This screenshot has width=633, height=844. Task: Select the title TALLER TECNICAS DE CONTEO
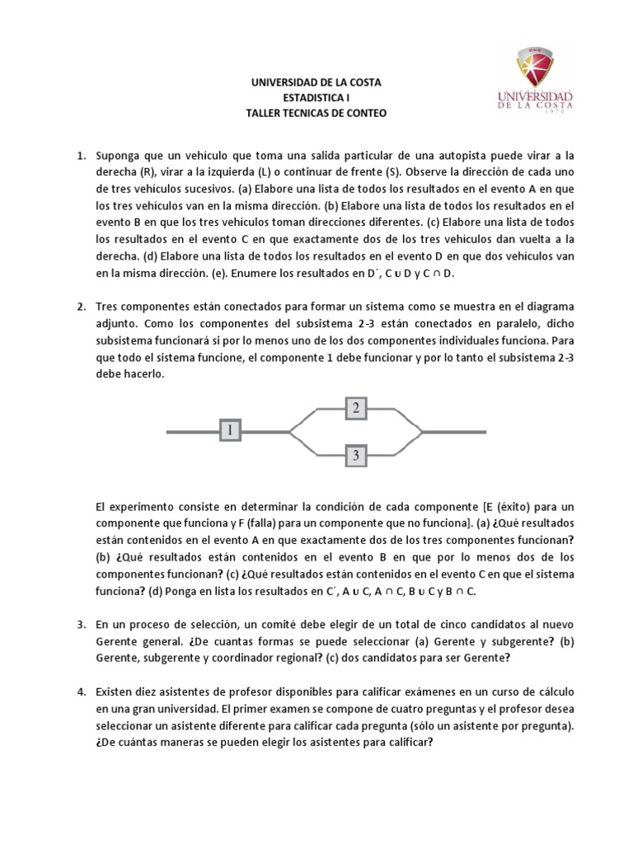(x=316, y=113)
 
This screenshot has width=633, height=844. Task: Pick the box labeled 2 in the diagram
(x=355, y=406)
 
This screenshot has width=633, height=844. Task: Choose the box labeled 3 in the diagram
(x=355, y=454)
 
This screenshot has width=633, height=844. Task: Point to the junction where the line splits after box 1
(x=289, y=430)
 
